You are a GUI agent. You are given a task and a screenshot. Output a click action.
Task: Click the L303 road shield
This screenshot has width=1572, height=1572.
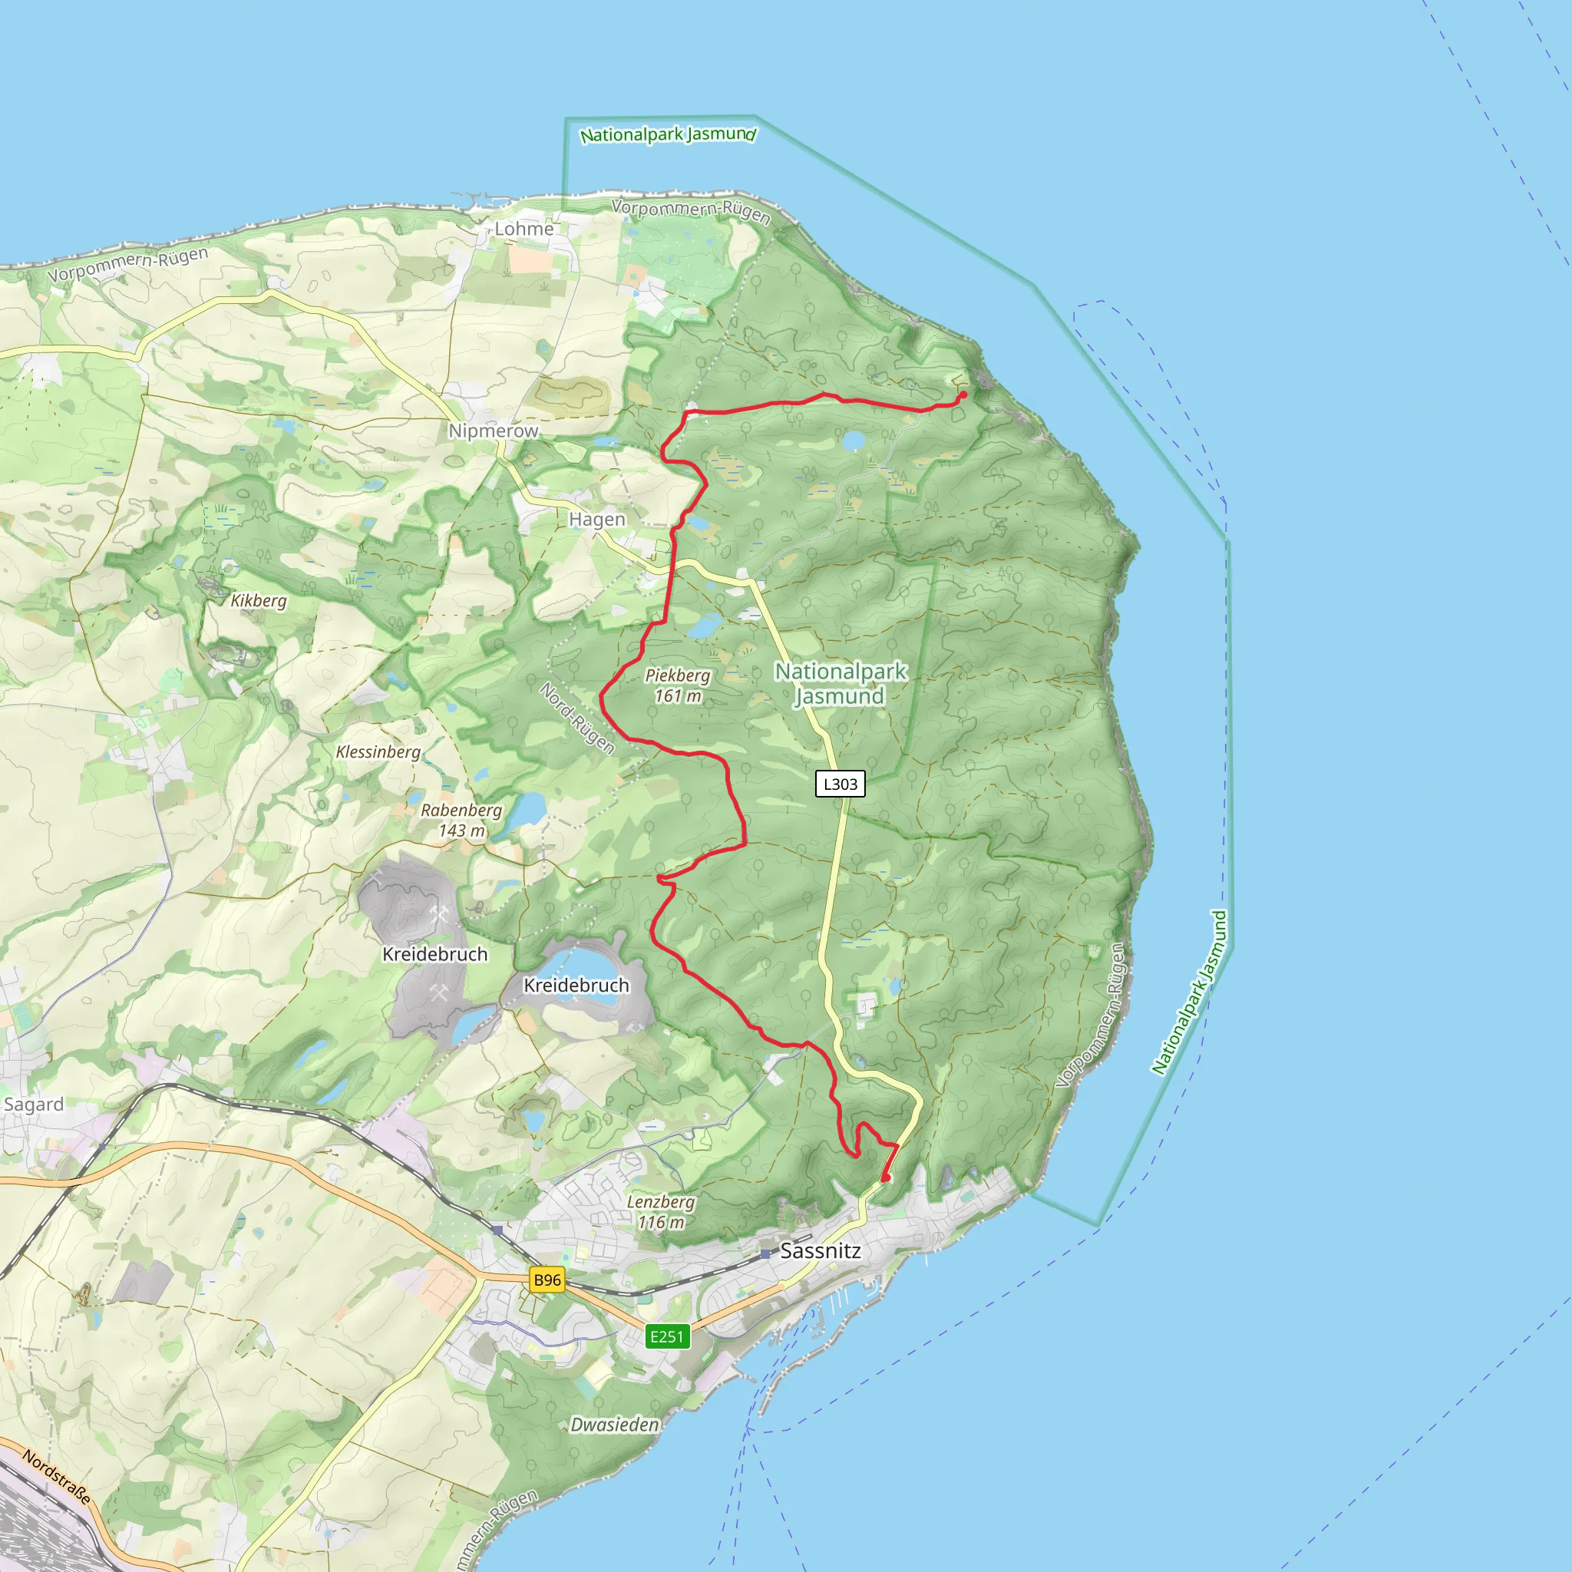(x=840, y=784)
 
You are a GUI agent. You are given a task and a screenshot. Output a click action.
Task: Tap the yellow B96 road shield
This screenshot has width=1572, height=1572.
(x=547, y=1280)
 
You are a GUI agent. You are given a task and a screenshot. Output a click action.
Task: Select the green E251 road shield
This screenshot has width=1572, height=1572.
(x=667, y=1336)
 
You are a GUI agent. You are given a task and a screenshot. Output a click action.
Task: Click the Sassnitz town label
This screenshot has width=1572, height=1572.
(x=819, y=1250)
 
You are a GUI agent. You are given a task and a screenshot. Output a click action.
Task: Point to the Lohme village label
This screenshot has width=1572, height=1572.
(x=524, y=229)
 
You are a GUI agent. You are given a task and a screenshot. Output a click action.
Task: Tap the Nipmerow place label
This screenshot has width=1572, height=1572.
(x=493, y=431)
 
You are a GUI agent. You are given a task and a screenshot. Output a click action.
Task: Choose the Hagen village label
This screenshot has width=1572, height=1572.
(x=596, y=519)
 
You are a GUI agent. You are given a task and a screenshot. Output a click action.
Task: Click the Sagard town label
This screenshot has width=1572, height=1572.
(x=33, y=1104)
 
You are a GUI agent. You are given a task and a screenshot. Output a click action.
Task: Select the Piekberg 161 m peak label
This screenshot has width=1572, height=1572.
(x=677, y=685)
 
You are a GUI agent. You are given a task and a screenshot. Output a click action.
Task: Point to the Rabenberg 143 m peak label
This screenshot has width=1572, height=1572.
(x=461, y=821)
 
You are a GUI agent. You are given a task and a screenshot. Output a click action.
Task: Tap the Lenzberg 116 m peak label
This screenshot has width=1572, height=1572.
(x=660, y=1211)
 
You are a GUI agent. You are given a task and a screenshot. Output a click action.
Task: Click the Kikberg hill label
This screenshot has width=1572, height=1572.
(x=258, y=600)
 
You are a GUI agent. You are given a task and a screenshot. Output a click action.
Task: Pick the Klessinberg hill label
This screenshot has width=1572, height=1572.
(x=378, y=751)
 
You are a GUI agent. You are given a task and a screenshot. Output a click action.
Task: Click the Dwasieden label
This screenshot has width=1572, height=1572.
(x=614, y=1425)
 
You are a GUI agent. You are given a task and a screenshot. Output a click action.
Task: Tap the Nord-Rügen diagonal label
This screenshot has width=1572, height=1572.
(x=577, y=718)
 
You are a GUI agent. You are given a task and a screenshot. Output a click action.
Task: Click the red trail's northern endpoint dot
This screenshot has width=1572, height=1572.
(x=963, y=395)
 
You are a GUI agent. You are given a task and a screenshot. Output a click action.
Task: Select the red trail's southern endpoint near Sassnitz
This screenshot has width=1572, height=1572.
(x=885, y=1177)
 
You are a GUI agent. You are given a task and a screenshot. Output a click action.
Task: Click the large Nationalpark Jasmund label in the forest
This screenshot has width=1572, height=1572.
(x=840, y=683)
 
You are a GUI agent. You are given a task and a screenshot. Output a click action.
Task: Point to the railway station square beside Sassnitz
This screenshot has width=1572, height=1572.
(x=765, y=1254)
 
